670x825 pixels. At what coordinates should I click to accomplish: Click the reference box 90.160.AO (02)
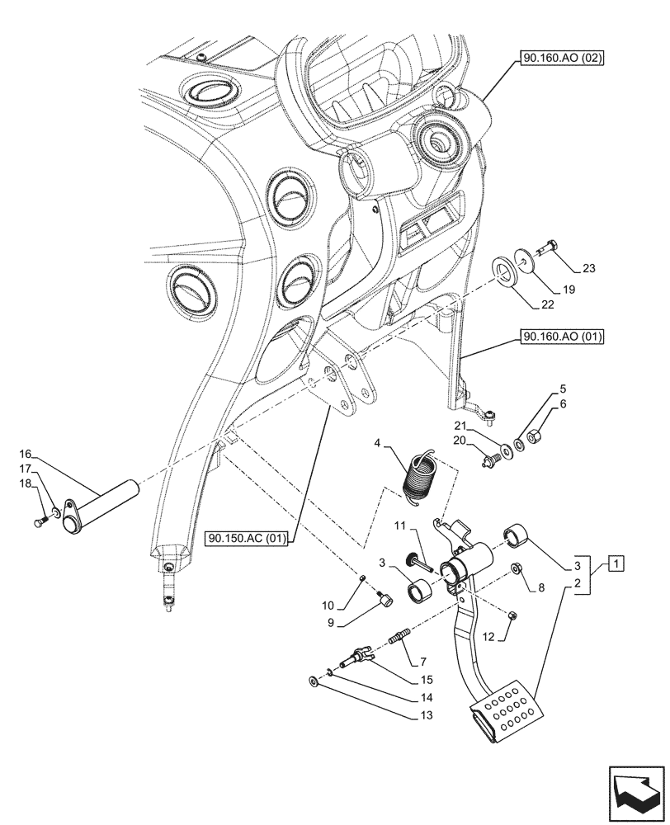click(x=562, y=59)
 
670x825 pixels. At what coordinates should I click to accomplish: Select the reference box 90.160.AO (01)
click(x=562, y=337)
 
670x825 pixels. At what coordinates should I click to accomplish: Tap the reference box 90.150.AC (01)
click(x=247, y=540)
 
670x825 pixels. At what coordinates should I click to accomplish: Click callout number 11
click(x=399, y=526)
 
